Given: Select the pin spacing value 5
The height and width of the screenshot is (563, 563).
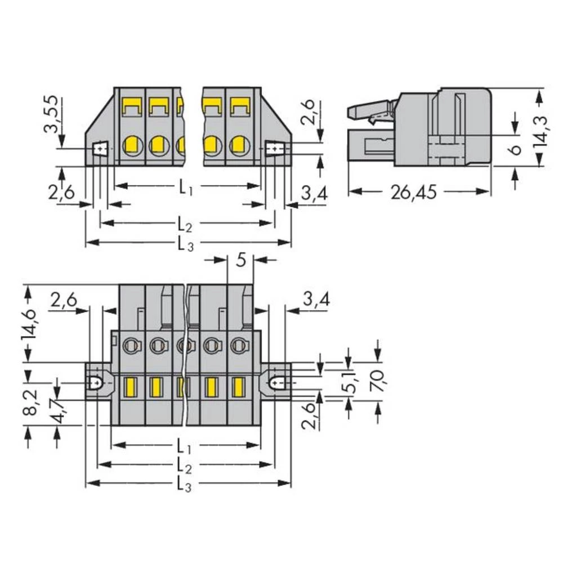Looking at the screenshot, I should tap(240, 260).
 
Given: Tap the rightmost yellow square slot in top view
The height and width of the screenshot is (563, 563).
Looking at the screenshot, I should tap(240, 105).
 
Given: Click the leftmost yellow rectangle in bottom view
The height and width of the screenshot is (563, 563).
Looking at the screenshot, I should tap(131, 387).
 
